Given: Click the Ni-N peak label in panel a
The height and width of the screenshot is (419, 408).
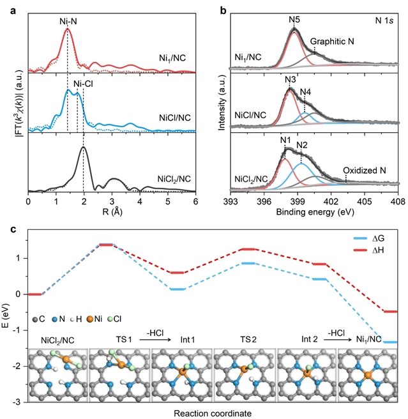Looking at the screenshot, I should [x=67, y=19].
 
